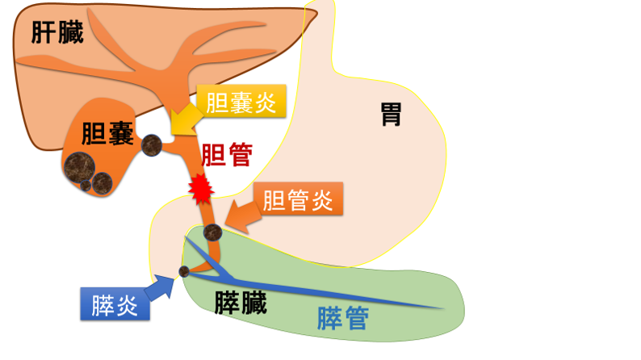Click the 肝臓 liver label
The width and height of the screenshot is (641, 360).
coord(57,31)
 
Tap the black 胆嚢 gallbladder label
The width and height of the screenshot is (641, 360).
coord(108,133)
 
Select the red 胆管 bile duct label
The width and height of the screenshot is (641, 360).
coord(227,154)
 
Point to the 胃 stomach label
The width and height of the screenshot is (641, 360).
coord(392,114)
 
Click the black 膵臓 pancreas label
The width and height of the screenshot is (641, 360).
coord(241,303)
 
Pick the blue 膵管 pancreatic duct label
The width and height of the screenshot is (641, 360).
coord(343,318)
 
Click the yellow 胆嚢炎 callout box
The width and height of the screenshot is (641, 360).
coord(241,102)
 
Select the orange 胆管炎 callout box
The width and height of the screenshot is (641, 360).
coord(298,199)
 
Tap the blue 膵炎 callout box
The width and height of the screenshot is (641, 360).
coord(115,303)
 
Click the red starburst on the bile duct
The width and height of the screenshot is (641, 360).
coord(201,189)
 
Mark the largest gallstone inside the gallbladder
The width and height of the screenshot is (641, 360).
coord(79,167)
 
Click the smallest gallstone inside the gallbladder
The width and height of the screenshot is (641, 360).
coord(86,186)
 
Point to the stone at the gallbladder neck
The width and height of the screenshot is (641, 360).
coord(152,145)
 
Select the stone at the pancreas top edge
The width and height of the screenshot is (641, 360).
coord(212,232)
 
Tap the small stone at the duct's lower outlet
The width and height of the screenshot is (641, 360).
coord(184,271)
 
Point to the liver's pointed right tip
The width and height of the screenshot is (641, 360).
coord(316,13)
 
